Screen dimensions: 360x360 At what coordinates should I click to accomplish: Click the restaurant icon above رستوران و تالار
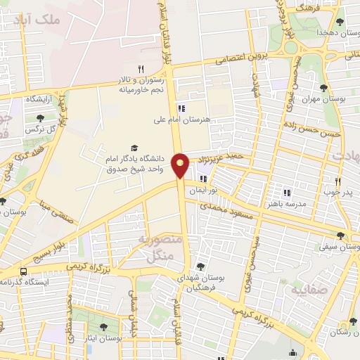click(x=141, y=68)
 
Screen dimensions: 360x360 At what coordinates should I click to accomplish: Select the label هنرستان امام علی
click(x=178, y=120)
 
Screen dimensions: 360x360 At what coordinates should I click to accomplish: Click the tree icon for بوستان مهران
click(x=323, y=88)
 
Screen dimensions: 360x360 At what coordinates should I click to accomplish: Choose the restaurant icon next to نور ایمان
click(x=203, y=179)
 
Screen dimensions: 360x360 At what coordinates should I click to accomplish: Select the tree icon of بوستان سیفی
click(x=341, y=236)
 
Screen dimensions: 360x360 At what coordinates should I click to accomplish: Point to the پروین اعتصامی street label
click(x=225, y=60)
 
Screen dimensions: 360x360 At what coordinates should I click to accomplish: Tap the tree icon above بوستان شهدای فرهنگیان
click(x=201, y=266)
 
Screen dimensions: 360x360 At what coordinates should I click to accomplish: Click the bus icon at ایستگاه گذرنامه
click(x=25, y=271)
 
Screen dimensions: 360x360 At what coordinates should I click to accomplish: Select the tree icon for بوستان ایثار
click(x=103, y=327)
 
